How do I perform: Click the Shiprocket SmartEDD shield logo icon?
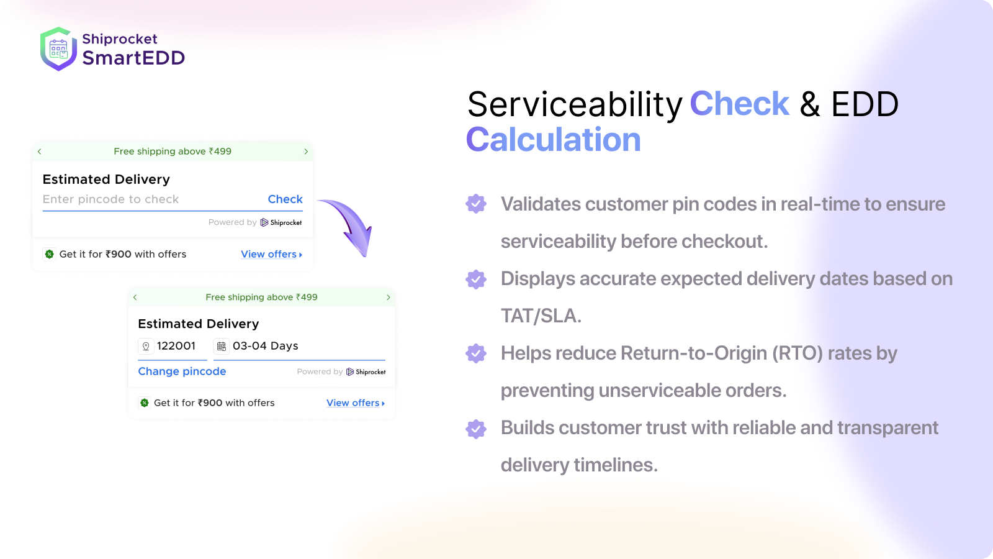(58, 49)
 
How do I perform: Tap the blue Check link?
(285, 199)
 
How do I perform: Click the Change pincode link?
(182, 371)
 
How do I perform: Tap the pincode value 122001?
(176, 346)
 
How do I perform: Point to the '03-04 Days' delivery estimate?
(265, 346)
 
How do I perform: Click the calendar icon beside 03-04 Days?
(222, 347)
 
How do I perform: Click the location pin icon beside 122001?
(146, 347)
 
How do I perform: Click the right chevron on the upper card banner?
(306, 152)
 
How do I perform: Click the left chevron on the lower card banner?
(135, 298)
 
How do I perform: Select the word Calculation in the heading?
(553, 140)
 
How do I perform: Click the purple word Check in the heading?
(739, 104)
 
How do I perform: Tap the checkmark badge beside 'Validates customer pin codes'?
(476, 204)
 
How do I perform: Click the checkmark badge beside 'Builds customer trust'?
(476, 429)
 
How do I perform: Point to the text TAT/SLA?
(541, 316)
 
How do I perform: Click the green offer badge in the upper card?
(50, 254)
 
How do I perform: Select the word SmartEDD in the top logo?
(133, 58)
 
